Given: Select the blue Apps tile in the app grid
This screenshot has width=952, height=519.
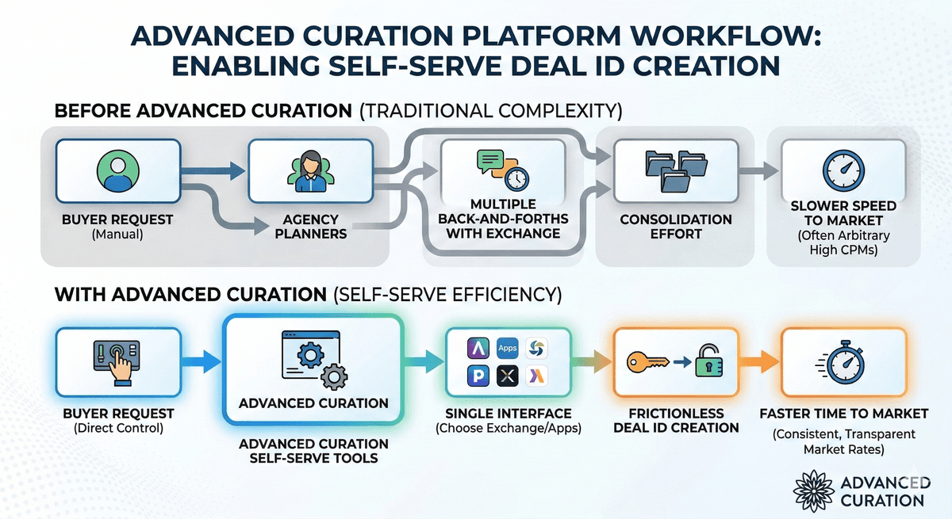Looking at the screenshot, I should [506, 348].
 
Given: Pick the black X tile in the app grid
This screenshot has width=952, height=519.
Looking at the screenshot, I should [506, 377].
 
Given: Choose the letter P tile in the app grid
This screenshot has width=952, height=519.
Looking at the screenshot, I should [478, 377].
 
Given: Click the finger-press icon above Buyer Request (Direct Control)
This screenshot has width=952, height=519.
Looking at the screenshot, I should [117, 363].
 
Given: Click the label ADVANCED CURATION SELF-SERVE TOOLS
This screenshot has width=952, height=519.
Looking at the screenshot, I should [313, 451].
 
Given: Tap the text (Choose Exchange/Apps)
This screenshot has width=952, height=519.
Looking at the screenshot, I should [508, 429].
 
